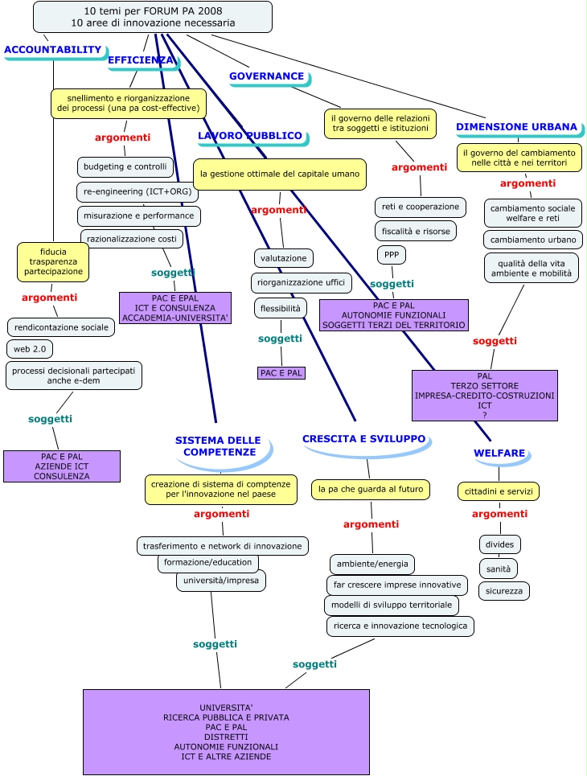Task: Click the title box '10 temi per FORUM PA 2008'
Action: point(153,17)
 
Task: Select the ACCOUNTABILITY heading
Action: point(53,50)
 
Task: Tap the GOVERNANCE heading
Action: point(267,76)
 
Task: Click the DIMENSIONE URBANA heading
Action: point(516,126)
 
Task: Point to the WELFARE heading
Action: point(499,453)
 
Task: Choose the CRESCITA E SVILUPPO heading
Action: point(363,439)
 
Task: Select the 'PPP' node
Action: point(392,255)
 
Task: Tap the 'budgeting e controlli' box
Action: point(125,166)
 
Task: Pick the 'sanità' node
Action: point(499,568)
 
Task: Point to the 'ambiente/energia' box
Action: point(372,563)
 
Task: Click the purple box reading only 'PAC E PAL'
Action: point(281,372)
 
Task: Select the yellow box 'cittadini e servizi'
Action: point(499,491)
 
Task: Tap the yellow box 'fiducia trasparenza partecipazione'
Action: point(53,261)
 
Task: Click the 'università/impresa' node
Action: point(221,580)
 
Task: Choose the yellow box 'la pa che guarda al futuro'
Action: point(371,488)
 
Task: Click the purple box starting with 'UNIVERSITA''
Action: point(226,732)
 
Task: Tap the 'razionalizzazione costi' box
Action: point(132,239)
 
